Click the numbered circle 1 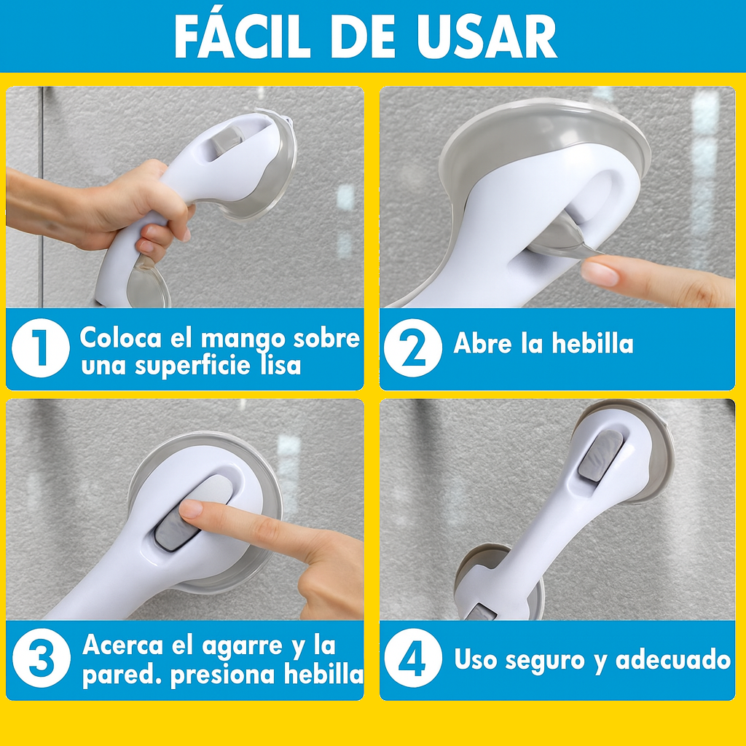click(x=41, y=348)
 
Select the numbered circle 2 click(x=413, y=348)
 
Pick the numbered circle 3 click(x=42, y=658)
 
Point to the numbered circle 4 click(x=413, y=658)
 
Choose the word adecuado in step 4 click(x=673, y=659)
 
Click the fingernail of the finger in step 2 click(x=600, y=274)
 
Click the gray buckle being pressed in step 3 click(x=176, y=530)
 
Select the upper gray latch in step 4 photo click(x=600, y=455)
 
